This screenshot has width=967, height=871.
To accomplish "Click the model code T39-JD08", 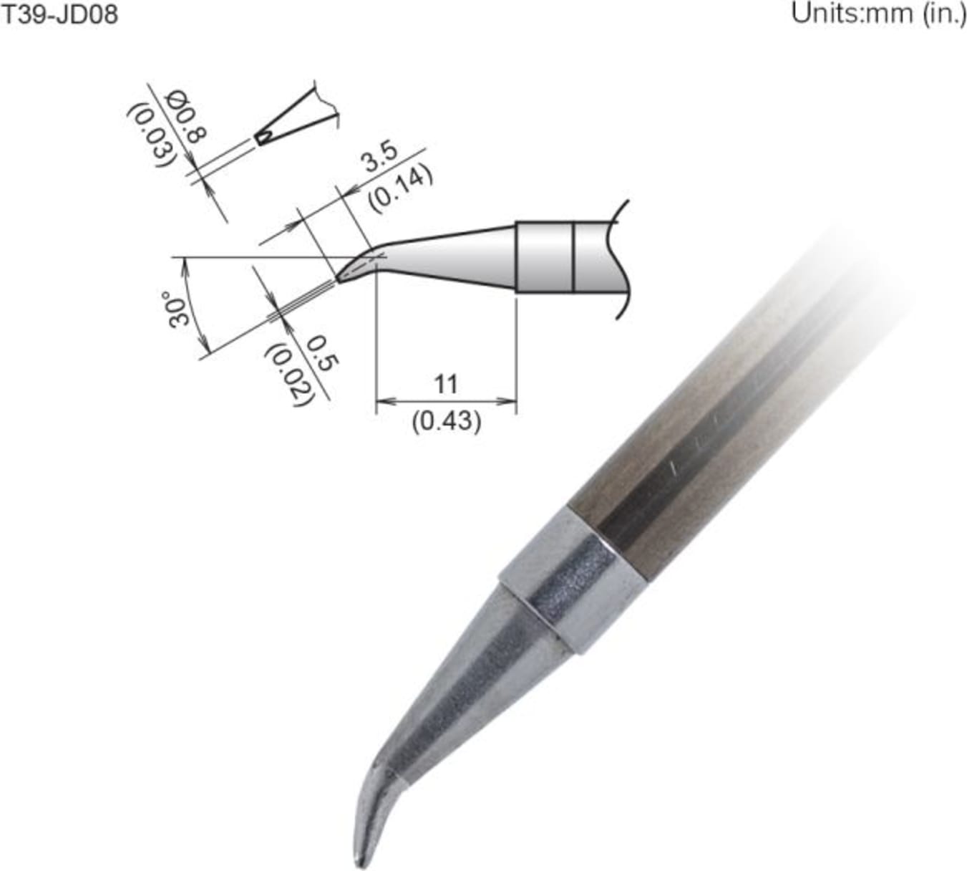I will (59, 14).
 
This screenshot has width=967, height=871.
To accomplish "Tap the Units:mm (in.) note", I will (878, 14).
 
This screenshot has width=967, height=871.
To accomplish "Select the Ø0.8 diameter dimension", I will (187, 117).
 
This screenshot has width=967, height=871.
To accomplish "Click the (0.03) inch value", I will (152, 136).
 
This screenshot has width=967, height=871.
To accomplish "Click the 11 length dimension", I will (445, 385).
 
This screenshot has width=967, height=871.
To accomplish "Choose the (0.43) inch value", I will (446, 421).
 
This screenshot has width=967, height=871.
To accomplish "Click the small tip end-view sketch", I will (293, 118).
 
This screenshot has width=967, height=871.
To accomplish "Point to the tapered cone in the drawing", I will (451, 253).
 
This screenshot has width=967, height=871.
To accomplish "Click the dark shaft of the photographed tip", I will (716, 444).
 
